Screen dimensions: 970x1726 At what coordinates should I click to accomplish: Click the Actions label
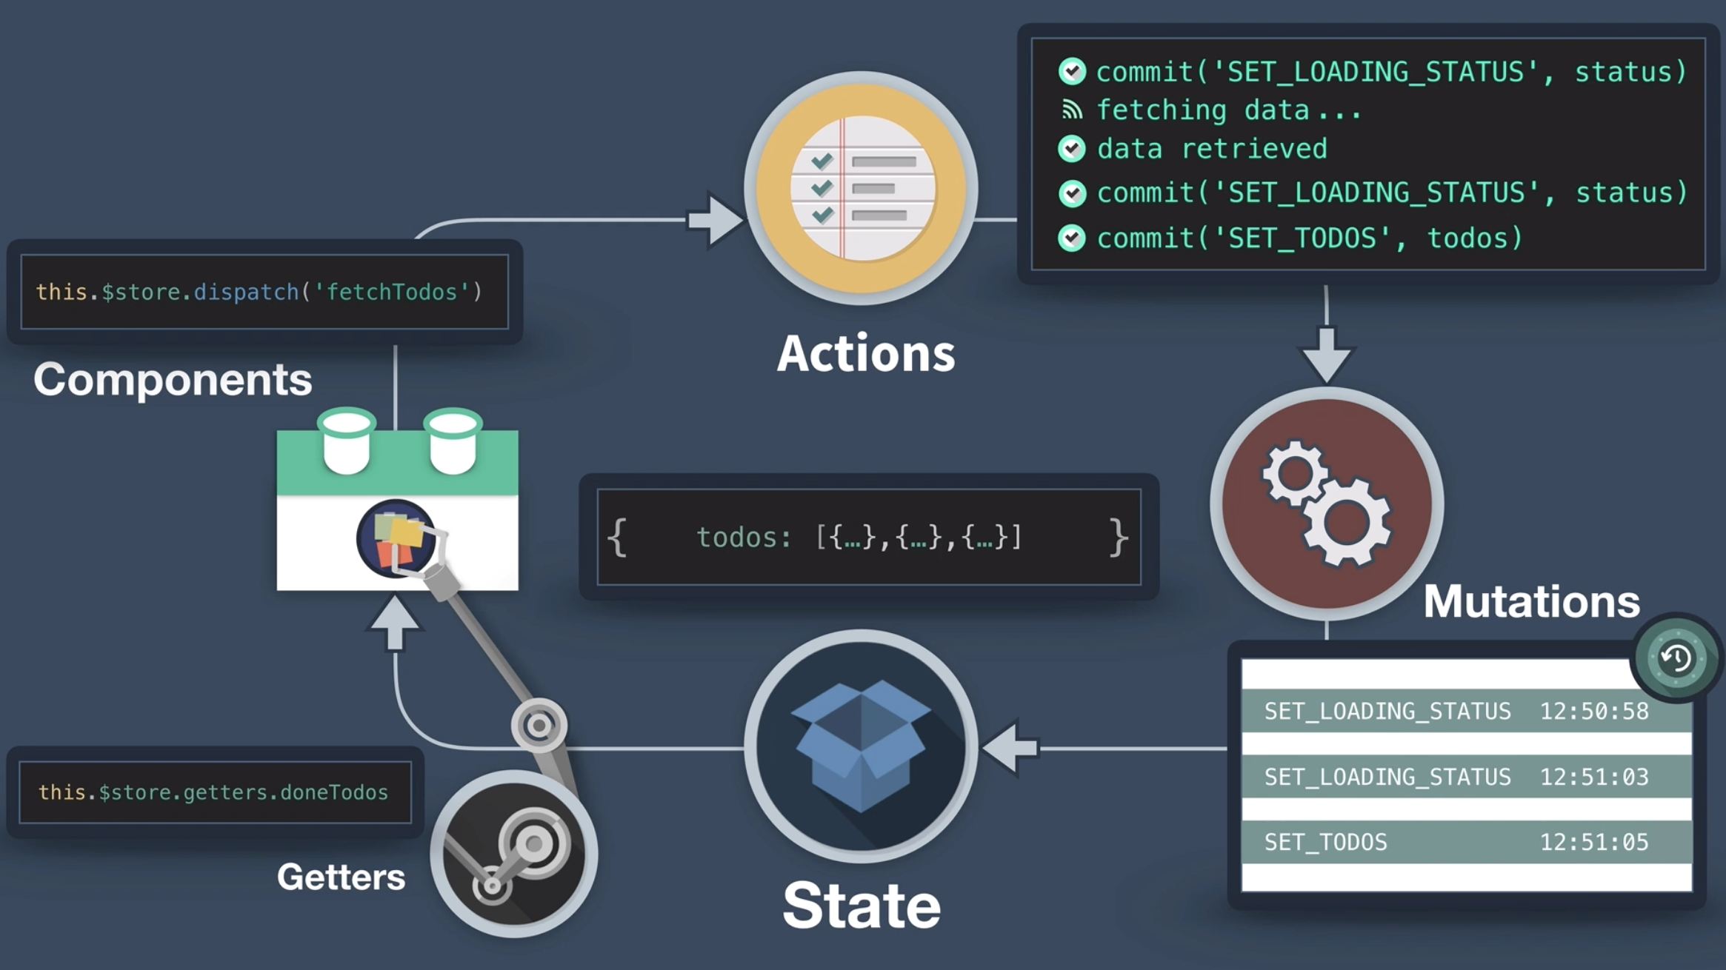[x=865, y=353]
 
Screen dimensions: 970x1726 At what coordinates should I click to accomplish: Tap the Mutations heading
[x=1531, y=601]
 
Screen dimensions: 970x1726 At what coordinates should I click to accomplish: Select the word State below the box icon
[x=862, y=905]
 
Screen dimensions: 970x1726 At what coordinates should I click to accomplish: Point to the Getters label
[x=341, y=877]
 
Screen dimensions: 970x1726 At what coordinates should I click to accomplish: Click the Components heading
[x=173, y=379]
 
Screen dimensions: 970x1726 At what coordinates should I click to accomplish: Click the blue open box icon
[x=861, y=744]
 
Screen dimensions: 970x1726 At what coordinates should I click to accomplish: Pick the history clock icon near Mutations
[x=1676, y=658]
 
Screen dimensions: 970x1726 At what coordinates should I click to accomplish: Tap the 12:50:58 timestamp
[x=1594, y=712]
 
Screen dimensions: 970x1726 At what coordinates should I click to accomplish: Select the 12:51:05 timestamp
[x=1594, y=843]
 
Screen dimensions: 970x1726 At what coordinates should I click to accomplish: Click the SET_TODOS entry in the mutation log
[x=1325, y=843]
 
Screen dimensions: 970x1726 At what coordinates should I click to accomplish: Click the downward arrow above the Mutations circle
[x=1326, y=353]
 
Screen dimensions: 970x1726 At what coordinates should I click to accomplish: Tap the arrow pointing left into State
[x=1011, y=748]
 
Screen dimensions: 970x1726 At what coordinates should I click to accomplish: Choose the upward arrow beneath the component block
[x=394, y=623]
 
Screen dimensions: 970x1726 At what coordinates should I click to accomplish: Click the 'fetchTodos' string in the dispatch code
[x=392, y=292]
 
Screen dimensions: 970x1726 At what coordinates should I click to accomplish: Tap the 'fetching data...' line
[x=1228, y=110]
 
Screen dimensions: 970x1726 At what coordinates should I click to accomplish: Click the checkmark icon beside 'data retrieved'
[x=1072, y=149]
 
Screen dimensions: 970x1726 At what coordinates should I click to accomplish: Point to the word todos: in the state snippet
[x=744, y=537]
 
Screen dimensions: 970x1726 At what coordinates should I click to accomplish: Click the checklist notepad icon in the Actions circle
[x=862, y=188]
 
